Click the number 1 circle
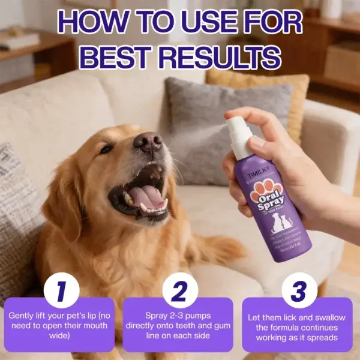tap(60, 290)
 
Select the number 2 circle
tap(179, 290)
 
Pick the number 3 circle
tap(299, 290)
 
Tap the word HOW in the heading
tap(96, 23)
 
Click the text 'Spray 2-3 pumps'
tap(179, 315)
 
